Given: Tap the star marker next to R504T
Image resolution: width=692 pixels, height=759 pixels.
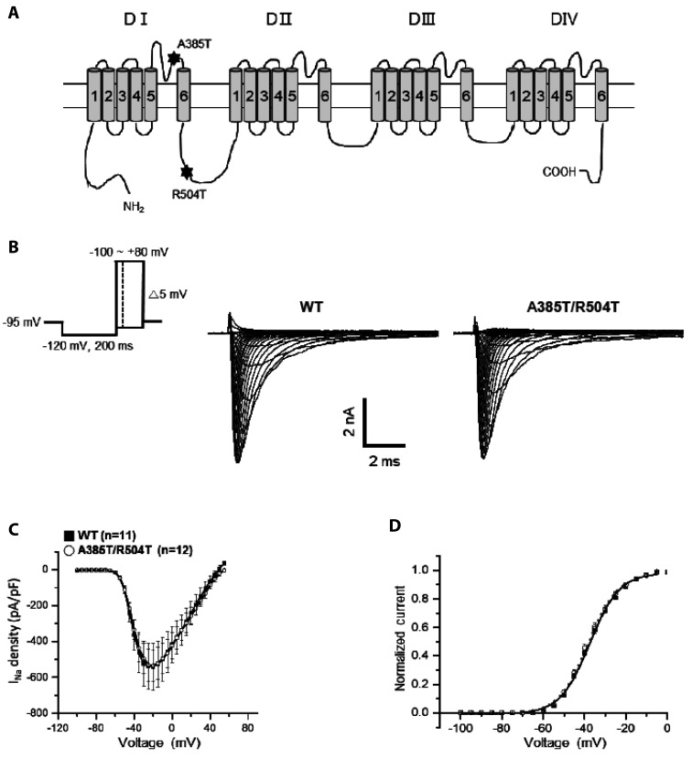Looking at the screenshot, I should (188, 171).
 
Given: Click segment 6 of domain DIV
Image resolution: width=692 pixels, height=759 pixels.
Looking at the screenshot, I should (601, 95).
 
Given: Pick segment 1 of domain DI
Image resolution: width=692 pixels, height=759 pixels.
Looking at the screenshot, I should (93, 95).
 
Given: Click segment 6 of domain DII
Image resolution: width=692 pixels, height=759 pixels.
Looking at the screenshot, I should (325, 95).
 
